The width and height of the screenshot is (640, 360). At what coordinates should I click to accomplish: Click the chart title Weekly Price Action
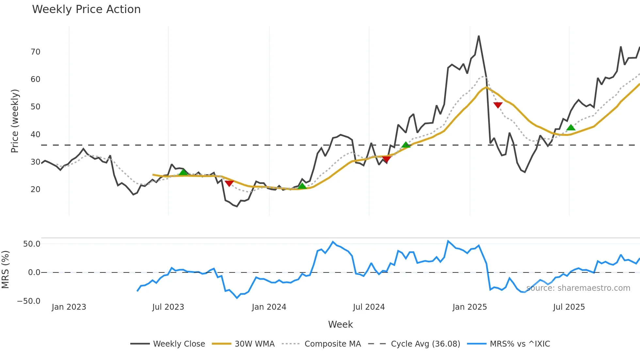(x=86, y=9)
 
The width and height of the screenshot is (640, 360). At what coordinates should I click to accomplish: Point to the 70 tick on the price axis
(x=35, y=52)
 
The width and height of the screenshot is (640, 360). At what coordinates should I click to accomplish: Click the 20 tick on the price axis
(x=35, y=189)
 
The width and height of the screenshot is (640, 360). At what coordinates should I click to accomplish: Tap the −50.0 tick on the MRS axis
(x=29, y=301)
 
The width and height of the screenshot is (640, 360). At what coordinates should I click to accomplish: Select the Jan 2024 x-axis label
(x=269, y=307)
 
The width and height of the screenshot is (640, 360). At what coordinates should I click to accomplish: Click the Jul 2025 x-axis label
(x=569, y=307)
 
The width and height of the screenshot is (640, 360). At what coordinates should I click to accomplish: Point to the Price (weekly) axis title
(x=15, y=121)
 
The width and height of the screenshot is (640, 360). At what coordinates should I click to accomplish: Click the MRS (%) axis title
(x=5, y=270)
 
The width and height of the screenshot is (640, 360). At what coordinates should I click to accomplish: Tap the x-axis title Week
(x=340, y=324)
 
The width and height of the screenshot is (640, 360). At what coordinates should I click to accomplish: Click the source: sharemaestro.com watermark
(x=578, y=288)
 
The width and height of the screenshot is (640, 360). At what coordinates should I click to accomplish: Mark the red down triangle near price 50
(x=498, y=105)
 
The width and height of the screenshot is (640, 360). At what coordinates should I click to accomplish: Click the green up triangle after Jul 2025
(x=571, y=127)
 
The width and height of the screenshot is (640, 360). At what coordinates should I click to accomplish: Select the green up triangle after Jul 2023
(x=183, y=172)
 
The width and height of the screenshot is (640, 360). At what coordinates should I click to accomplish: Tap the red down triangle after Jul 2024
(x=387, y=159)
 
